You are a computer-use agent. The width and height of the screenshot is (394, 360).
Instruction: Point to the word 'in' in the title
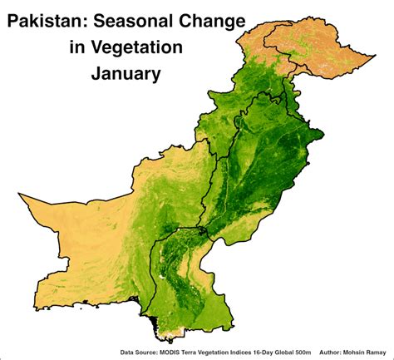[76, 47]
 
